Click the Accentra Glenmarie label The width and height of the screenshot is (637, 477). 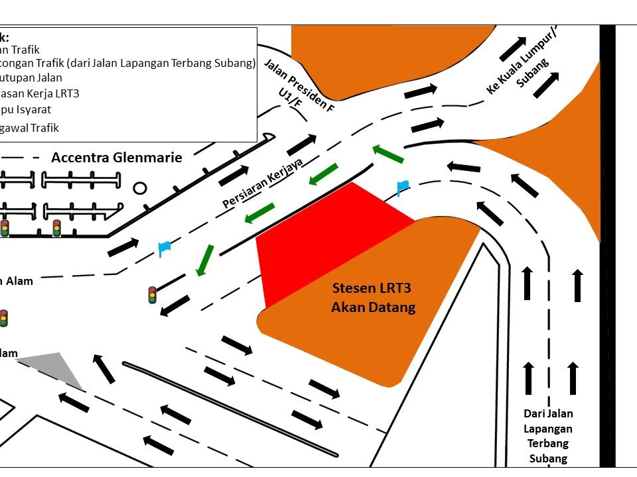click(116, 158)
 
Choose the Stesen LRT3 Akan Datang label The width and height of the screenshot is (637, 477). click(373, 297)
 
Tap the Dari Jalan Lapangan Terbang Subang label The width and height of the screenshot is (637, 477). click(547, 435)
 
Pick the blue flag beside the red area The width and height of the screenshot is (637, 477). click(402, 187)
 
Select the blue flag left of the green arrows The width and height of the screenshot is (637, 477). click(164, 248)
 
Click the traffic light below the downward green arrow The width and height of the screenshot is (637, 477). click(153, 295)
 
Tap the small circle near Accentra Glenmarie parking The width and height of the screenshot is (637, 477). click(140, 188)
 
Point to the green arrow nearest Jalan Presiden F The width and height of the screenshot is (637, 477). click(388, 154)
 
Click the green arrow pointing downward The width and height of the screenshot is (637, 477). click(204, 260)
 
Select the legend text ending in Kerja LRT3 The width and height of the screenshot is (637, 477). click(40, 93)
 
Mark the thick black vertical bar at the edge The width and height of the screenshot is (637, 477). click(607, 245)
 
